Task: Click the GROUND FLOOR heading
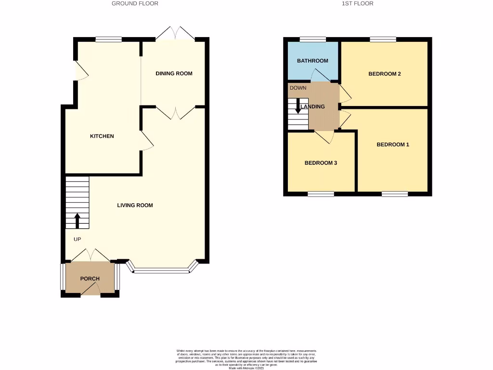click(x=135, y=3)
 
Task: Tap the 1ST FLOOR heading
click(x=357, y=3)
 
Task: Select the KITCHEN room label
click(x=102, y=136)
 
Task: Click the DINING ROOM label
click(x=174, y=74)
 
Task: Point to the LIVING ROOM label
click(x=135, y=206)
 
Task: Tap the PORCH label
click(x=90, y=279)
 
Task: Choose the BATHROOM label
click(x=312, y=61)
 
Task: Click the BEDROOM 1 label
click(x=393, y=145)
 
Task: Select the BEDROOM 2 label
click(x=385, y=74)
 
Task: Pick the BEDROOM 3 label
click(x=321, y=163)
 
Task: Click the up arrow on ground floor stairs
click(x=78, y=221)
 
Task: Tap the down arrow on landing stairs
click(x=298, y=106)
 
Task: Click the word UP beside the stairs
click(x=77, y=239)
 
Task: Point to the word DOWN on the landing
click(x=298, y=88)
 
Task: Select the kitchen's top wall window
click(x=108, y=40)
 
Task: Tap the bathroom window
click(x=312, y=40)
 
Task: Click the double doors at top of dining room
click(x=176, y=34)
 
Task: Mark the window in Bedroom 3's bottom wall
click(x=321, y=194)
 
